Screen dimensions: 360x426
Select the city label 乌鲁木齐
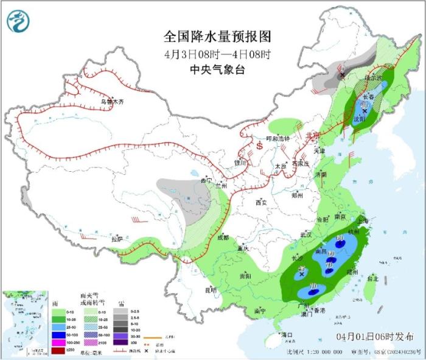112,102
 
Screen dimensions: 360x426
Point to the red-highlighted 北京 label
312,135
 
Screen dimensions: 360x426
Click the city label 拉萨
117,239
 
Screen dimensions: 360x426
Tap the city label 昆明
211,290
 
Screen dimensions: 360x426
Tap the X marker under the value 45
301,275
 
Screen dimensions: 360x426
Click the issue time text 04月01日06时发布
372,337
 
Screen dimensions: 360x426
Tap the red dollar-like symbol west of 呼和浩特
259,146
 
